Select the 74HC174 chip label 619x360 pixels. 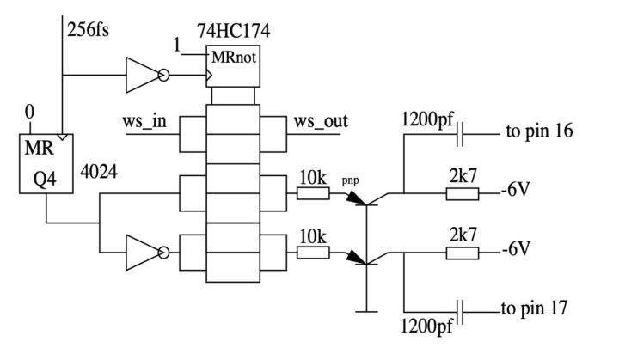[x=232, y=32]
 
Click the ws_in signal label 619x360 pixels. [x=144, y=120]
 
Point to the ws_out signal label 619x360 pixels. [x=321, y=120]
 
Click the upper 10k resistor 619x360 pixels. [x=312, y=195]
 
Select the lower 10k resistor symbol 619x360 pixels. [x=312, y=253]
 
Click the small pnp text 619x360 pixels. [x=350, y=181]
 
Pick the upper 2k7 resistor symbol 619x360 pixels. [x=462, y=195]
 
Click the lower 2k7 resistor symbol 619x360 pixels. [x=462, y=253]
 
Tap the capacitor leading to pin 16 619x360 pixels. [x=462, y=133]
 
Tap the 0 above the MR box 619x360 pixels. [x=30, y=112]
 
